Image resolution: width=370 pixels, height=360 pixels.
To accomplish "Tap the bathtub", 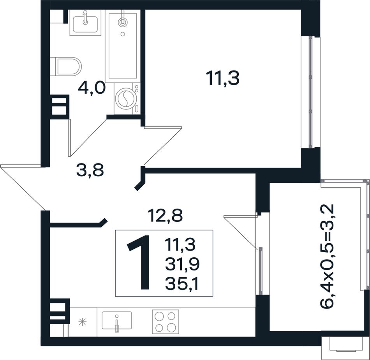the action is [x=123, y=46].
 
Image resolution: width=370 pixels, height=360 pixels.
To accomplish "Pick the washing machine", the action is [x=127, y=98].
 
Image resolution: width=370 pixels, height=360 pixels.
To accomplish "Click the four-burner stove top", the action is [x=166, y=321].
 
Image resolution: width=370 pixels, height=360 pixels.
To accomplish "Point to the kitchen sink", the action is [x=117, y=320].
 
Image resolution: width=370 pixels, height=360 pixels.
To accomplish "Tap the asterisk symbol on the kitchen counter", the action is [x=83, y=322].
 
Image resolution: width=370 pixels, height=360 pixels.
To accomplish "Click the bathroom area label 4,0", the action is [x=91, y=89].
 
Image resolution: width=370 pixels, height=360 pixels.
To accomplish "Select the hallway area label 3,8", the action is [x=90, y=170].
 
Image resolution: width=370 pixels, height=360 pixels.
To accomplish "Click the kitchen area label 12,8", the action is [x=165, y=216].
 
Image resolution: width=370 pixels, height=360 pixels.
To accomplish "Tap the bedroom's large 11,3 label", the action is [x=222, y=79].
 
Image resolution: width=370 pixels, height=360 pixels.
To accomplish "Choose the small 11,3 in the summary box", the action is [x=180, y=244].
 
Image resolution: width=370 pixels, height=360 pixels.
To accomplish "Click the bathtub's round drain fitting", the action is [x=122, y=22].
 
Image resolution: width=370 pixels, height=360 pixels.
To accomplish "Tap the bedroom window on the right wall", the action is [x=311, y=92].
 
